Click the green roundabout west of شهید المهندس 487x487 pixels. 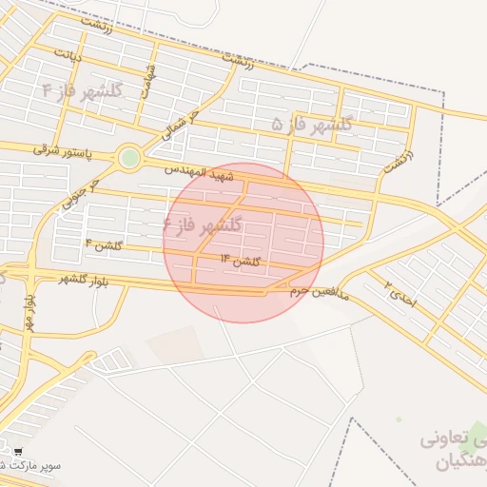point(128,158)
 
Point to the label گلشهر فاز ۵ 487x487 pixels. point(312,124)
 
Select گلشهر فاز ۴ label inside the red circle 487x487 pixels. point(203,225)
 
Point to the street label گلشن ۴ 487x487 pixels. point(103,246)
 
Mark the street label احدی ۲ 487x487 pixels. point(400,293)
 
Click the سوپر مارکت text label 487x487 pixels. point(30,466)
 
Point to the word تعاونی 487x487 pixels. point(447,441)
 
